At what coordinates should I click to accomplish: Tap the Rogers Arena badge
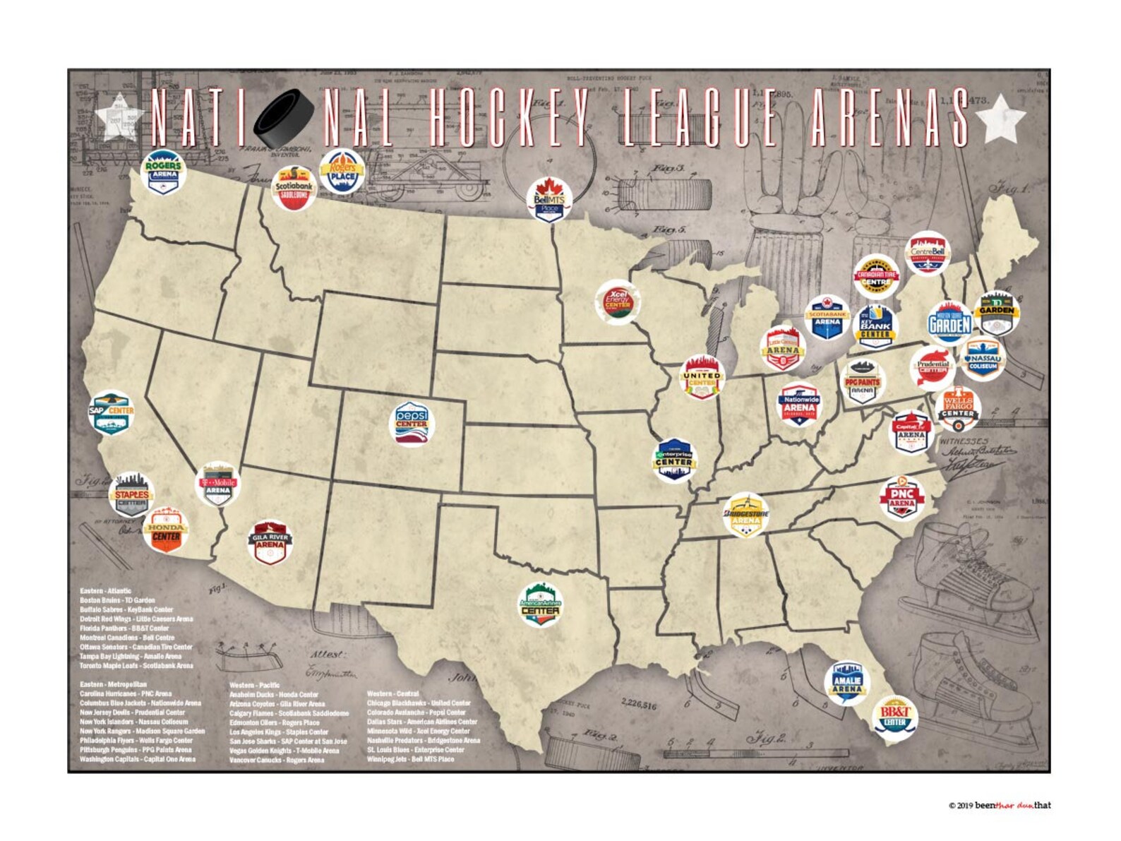pyautogui.click(x=163, y=172)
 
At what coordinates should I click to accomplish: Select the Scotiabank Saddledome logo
pyautogui.click(x=294, y=189)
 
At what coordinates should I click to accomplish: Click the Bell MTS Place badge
pyautogui.click(x=550, y=199)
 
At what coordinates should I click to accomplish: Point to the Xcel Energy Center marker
pyautogui.click(x=618, y=302)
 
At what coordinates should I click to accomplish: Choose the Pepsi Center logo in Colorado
pyautogui.click(x=412, y=424)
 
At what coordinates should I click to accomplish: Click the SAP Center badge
pyautogui.click(x=111, y=412)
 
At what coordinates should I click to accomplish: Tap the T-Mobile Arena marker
pyautogui.click(x=218, y=484)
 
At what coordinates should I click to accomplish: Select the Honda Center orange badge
pyautogui.click(x=166, y=530)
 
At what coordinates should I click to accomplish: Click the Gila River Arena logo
pyautogui.click(x=270, y=543)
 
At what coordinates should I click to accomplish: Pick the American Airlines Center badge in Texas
pyautogui.click(x=541, y=604)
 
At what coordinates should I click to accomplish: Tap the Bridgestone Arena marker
pyautogui.click(x=746, y=515)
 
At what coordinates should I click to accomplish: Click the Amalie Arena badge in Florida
pyautogui.click(x=846, y=682)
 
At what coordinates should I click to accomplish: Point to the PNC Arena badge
pyautogui.click(x=902, y=498)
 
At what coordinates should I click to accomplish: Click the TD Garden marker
pyautogui.click(x=996, y=313)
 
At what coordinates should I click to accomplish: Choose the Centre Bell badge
pyautogui.click(x=927, y=254)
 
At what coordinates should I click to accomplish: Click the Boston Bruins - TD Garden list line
pyautogui.click(x=117, y=600)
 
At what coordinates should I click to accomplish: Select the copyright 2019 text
pyautogui.click(x=999, y=805)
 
